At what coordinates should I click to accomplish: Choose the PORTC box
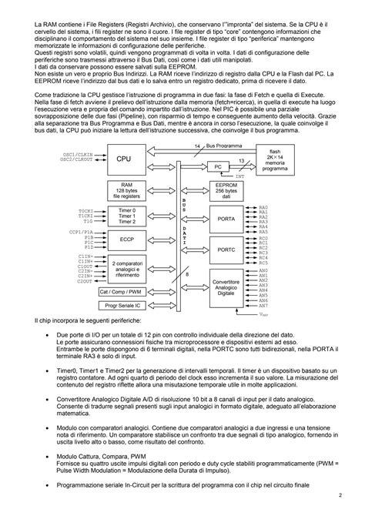pos(226,250)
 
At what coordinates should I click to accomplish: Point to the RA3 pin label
pos(263,223)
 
